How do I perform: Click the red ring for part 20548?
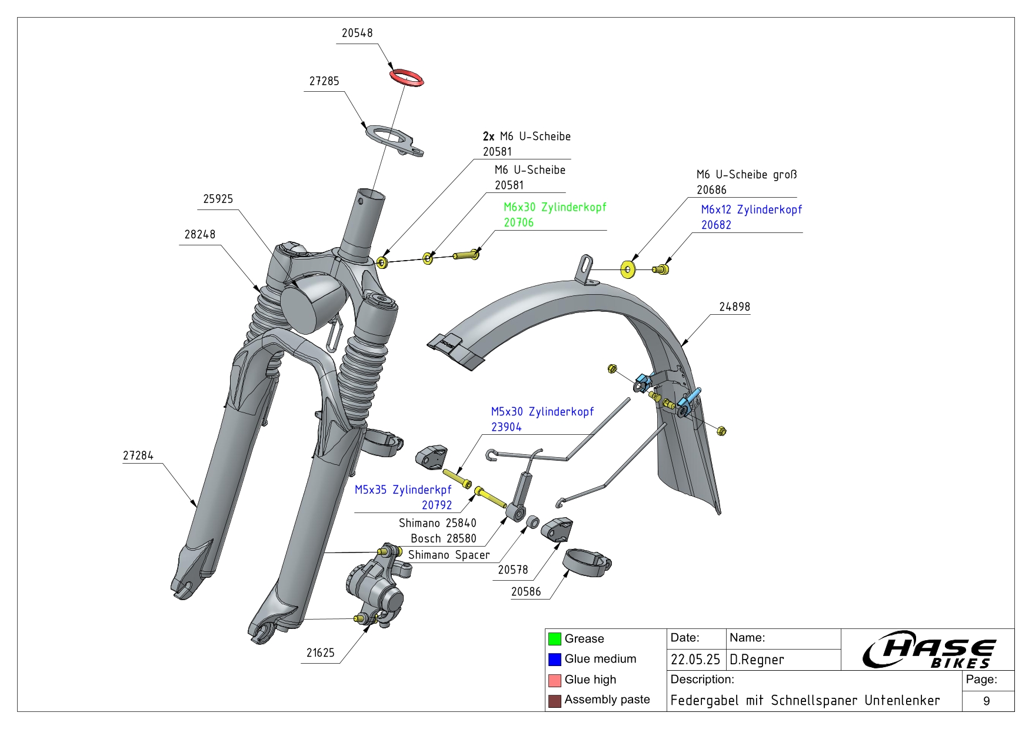point(407,78)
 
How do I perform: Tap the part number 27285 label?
point(324,81)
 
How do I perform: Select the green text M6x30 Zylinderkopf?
point(554,207)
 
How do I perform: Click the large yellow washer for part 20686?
point(628,270)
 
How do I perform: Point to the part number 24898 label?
point(734,307)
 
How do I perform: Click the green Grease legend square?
point(554,639)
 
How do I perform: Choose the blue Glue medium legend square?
point(554,660)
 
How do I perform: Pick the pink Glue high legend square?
point(554,680)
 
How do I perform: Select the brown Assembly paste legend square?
point(554,701)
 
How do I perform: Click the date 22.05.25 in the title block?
point(695,660)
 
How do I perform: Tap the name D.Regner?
point(757,660)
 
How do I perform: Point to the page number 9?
point(987,701)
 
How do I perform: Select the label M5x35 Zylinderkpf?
point(403,490)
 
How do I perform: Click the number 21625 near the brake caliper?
point(320,653)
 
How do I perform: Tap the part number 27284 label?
point(138,455)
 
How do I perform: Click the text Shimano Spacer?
point(448,555)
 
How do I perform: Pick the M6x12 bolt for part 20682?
point(662,269)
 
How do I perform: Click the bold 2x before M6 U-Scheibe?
point(488,137)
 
